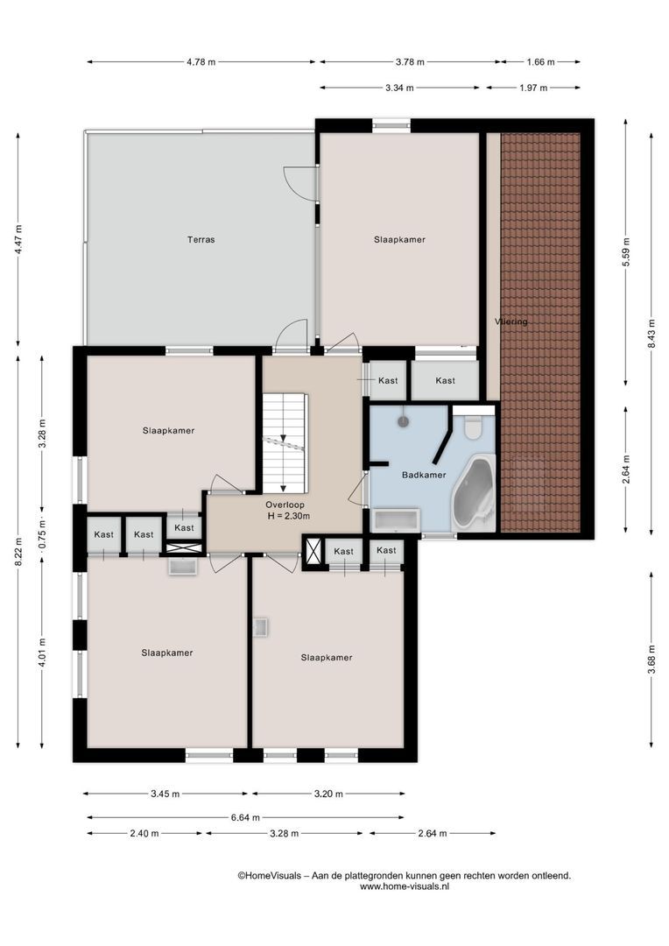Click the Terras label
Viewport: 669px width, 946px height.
pos(201,239)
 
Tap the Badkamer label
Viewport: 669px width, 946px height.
pos(424,476)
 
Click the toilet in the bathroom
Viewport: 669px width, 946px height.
pos(474,427)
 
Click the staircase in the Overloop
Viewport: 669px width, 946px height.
pos(285,442)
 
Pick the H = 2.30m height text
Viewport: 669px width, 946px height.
pos(289,517)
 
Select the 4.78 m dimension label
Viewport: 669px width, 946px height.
pos(201,62)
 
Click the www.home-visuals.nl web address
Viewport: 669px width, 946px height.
pos(404,886)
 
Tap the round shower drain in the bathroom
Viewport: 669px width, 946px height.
pos(404,421)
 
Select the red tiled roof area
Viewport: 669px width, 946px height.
pos(540,333)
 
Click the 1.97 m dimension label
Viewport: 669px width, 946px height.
pos(532,88)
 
